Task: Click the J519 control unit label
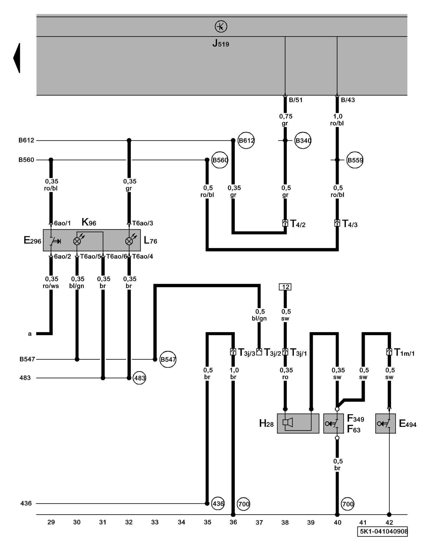(221, 43)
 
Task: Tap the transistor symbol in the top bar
(221, 26)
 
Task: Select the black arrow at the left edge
(17, 58)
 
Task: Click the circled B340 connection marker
(303, 140)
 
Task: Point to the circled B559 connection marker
(355, 160)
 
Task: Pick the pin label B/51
(296, 100)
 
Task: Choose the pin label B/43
(347, 100)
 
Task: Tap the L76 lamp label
(150, 240)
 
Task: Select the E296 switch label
(32, 240)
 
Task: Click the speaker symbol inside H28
(287, 422)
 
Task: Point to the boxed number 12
(285, 287)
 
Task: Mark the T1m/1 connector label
(404, 352)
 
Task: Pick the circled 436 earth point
(218, 503)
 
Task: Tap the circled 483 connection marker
(140, 378)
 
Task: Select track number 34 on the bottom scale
(181, 522)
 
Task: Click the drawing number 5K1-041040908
(384, 531)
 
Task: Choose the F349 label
(355, 419)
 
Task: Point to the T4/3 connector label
(350, 224)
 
